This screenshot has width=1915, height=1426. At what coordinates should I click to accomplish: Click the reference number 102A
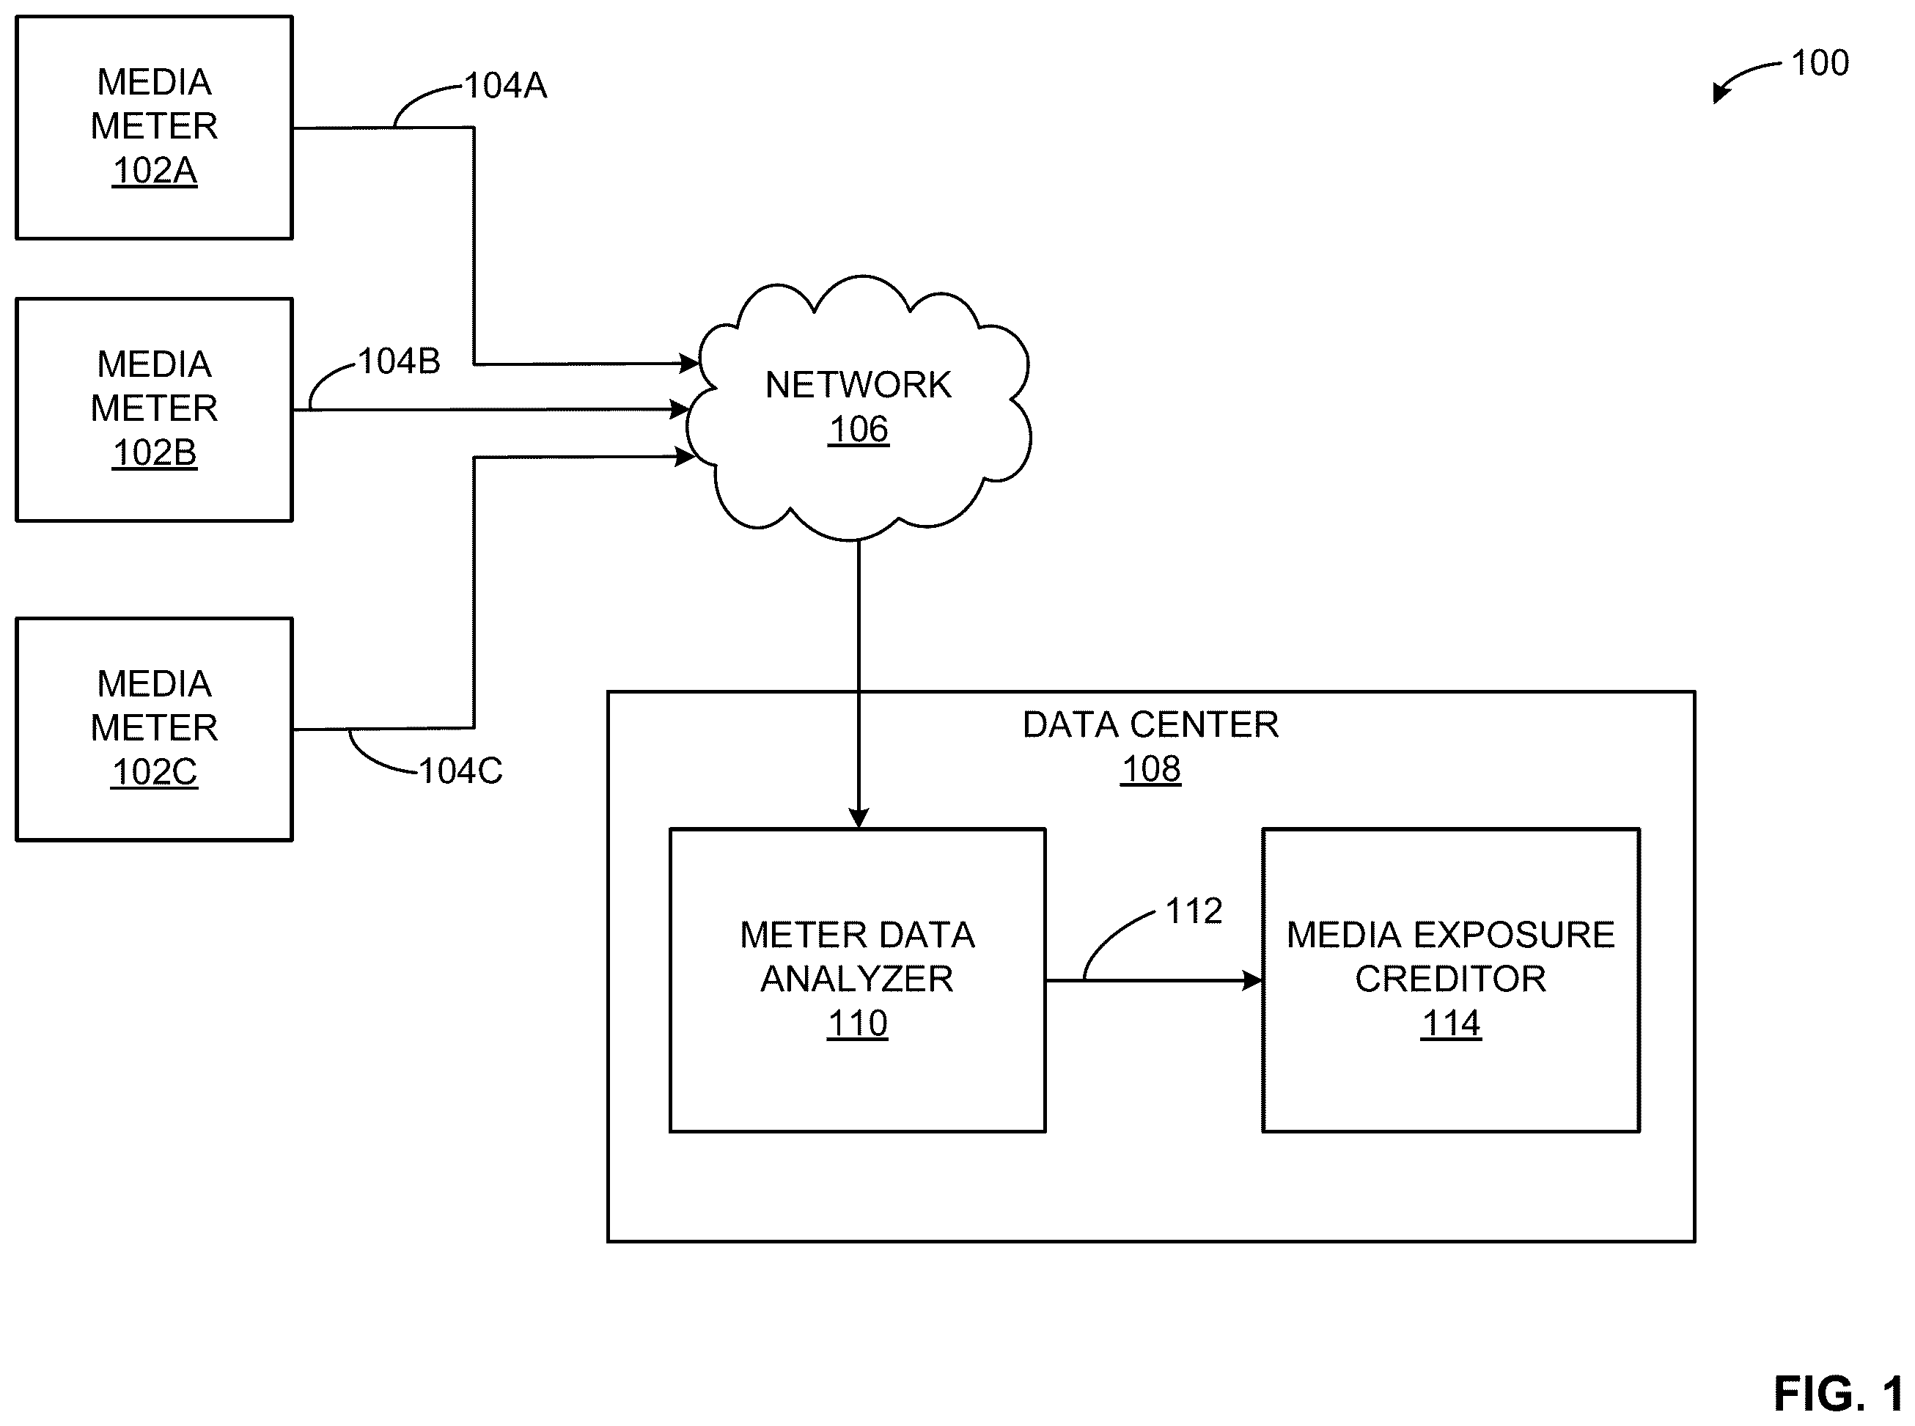(155, 170)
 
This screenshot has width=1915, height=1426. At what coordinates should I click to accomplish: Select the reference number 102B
(155, 452)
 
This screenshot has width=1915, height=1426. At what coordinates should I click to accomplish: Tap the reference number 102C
(155, 772)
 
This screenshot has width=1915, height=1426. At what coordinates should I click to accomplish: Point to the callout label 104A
(506, 86)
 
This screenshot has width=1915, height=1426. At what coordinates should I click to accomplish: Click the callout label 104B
(400, 361)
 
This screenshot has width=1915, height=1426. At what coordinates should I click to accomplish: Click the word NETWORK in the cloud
(858, 385)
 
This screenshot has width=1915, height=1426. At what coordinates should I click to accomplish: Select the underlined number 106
(858, 429)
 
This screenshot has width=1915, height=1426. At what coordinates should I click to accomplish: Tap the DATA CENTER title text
(1150, 725)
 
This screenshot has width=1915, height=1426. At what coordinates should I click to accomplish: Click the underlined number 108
(1150, 769)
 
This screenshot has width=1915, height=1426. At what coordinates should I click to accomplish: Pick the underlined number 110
(857, 1023)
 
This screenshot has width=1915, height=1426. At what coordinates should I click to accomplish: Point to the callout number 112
(1194, 911)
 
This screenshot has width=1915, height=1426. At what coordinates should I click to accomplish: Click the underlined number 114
(1451, 1023)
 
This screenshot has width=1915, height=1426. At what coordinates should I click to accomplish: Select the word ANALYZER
(857, 979)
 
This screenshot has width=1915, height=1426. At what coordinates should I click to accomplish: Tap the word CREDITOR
(1451, 979)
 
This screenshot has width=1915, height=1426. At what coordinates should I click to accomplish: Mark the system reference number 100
(1820, 63)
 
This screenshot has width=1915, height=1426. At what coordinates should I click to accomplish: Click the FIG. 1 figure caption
(1838, 1394)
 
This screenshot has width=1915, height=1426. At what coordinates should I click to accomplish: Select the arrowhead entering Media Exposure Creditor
(1252, 980)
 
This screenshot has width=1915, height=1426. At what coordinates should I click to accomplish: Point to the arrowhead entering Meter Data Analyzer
(858, 817)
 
